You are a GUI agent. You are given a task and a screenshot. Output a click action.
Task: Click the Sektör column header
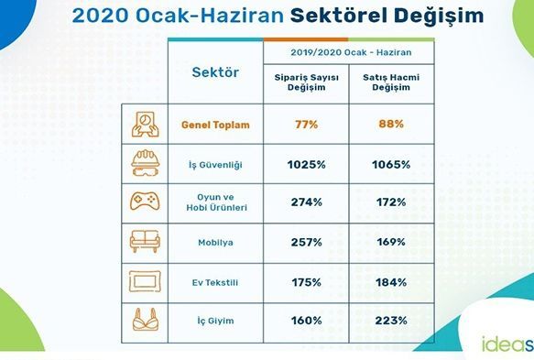coord(215,72)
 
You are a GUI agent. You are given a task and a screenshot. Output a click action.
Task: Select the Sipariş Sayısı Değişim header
coord(307,82)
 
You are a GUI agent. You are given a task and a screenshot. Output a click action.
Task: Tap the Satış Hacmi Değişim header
coord(391,82)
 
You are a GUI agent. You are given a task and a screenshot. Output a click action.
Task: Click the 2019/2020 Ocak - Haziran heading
coord(351,52)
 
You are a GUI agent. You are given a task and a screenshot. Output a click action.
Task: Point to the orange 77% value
coord(307,125)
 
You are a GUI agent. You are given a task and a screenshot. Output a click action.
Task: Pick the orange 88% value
coord(391,124)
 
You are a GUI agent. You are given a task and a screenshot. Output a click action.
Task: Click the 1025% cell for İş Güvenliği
coord(307,165)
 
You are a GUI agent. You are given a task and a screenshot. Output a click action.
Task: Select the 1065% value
coord(391,165)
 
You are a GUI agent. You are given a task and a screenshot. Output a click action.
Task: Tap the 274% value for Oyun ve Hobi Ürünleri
coord(307,202)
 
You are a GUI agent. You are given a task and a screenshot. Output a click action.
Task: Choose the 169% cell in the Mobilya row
coord(391,242)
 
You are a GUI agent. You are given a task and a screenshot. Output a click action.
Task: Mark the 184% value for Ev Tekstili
coord(391,282)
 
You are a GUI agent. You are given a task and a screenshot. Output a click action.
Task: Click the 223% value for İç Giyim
coord(391,321)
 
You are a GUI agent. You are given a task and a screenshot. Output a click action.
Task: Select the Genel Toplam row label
coord(215,125)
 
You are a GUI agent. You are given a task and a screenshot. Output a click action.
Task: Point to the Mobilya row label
coord(215,243)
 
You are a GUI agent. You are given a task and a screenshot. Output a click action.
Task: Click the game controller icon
coord(145,202)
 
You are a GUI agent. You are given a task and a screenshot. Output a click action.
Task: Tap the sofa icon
coord(145,241)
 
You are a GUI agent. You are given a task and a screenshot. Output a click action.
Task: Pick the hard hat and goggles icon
coord(145,163)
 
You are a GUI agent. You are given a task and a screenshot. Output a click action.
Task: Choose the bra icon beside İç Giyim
coord(146,320)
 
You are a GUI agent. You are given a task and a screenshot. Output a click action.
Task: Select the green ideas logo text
coord(507,344)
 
